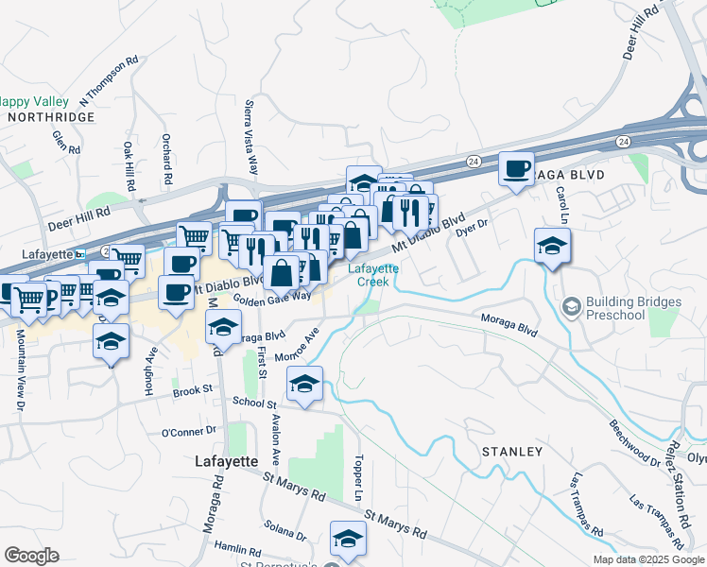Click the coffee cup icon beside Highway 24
[516, 169]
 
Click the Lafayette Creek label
[374, 275]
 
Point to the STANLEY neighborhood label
[512, 452]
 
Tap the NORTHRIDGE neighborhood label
[51, 117]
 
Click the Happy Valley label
[33, 101]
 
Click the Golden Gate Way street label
[272, 297]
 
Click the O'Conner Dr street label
[189, 432]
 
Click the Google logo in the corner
[31, 556]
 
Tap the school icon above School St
[304, 385]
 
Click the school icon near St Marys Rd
[348, 540]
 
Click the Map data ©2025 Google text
[647, 559]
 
